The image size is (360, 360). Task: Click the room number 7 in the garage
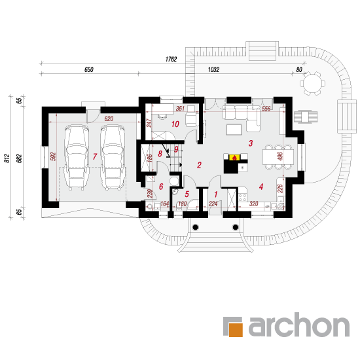(95, 156)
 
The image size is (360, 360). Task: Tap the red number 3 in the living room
(251, 143)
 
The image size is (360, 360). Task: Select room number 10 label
(175, 124)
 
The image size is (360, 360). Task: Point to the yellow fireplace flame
(234, 158)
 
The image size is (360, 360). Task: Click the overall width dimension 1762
(171, 59)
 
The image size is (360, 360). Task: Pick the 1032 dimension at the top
(213, 69)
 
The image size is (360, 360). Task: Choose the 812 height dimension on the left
(7, 158)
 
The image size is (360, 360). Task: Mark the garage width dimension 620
(109, 118)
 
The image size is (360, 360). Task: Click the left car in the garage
(76, 158)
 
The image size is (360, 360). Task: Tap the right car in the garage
(113, 158)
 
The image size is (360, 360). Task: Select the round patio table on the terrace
(312, 83)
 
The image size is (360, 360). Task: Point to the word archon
(299, 325)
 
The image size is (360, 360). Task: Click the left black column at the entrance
(196, 227)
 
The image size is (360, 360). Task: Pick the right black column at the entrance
(236, 227)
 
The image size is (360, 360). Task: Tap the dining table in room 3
(278, 156)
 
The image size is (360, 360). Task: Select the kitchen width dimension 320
(254, 204)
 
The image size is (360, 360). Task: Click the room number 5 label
(187, 194)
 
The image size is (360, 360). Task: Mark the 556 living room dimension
(266, 109)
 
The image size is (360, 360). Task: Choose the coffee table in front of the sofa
(234, 130)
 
